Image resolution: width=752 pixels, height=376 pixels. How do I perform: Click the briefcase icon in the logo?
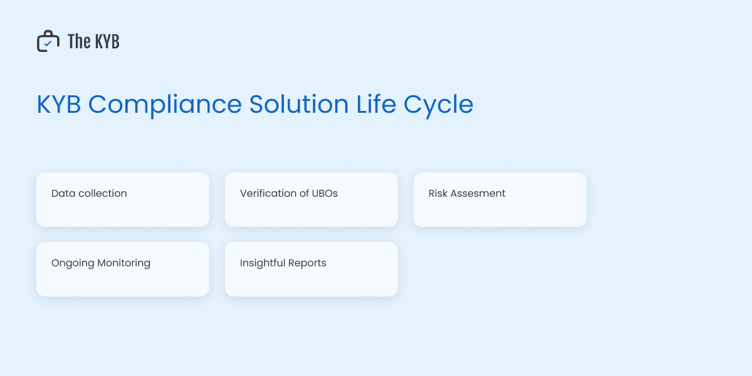[x=48, y=41]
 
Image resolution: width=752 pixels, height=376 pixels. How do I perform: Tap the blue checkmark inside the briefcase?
[x=48, y=43]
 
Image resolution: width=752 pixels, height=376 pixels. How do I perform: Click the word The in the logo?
[x=79, y=41]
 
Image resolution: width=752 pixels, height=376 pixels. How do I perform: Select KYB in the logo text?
[x=107, y=41]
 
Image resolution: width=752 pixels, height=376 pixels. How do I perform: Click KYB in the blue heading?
[x=59, y=104]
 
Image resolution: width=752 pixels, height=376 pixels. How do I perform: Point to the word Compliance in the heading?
[x=165, y=105]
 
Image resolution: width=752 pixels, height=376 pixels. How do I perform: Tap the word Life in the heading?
[x=376, y=104]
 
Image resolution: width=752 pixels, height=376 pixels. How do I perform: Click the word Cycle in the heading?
[x=439, y=105]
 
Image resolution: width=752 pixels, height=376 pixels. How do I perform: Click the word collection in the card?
[x=103, y=194]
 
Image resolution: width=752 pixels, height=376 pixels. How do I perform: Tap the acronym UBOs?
[x=325, y=194]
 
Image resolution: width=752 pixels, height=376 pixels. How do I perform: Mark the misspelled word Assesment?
[x=479, y=194]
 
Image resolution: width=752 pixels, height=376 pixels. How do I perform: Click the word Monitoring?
[x=124, y=263]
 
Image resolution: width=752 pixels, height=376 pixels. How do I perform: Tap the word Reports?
[x=308, y=263]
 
